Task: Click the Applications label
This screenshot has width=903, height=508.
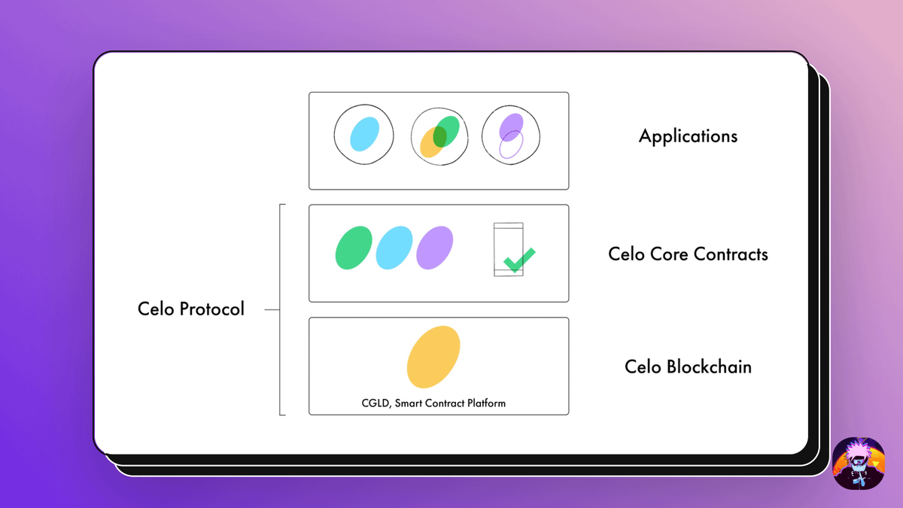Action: coord(688,136)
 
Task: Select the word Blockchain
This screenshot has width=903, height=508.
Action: coord(709,367)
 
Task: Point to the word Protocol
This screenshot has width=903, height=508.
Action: coord(211,309)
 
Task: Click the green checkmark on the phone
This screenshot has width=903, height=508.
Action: coord(519,260)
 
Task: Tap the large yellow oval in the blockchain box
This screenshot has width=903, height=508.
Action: coord(433,357)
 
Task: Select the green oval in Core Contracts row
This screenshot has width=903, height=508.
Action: coord(354,248)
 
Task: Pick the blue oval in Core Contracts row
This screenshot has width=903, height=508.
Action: coord(394,248)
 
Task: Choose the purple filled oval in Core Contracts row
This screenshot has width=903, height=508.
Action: coord(435,248)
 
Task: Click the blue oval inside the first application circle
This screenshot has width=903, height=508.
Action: coord(364,134)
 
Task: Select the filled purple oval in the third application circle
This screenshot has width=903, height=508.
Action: coord(511,127)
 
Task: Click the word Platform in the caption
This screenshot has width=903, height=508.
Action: coord(487,403)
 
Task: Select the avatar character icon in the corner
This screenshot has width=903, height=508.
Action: coord(859,464)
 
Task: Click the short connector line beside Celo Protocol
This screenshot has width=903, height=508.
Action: coord(272,309)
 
